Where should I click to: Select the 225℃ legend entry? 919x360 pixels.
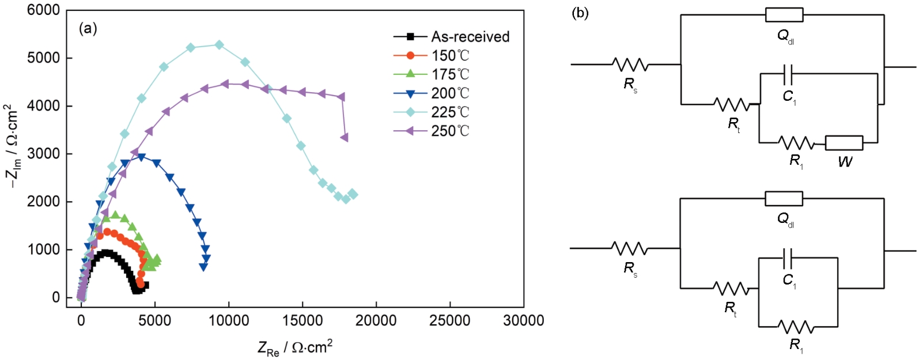pos(450,112)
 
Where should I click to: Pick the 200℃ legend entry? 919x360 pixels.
pos(450,93)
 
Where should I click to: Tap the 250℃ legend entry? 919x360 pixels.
pos(450,131)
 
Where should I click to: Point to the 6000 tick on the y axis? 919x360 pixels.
pos(43,10)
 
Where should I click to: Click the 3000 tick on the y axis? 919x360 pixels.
pos(43,154)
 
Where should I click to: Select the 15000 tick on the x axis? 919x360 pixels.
pos(302,321)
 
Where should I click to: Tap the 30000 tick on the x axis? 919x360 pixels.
pos(523,321)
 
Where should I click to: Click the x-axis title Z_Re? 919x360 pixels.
pos(295,347)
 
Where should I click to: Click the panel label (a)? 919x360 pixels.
pos(88,28)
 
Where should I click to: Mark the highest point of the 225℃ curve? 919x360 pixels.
pos(219,44)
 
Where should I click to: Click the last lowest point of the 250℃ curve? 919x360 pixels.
pos(345,138)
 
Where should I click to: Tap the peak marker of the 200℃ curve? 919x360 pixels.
pos(141,157)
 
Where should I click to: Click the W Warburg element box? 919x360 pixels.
pos(844,143)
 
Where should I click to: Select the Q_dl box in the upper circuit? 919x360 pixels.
pos(784,15)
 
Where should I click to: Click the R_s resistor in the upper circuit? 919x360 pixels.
pos(630,65)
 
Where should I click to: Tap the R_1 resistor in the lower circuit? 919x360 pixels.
pos(796,327)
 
